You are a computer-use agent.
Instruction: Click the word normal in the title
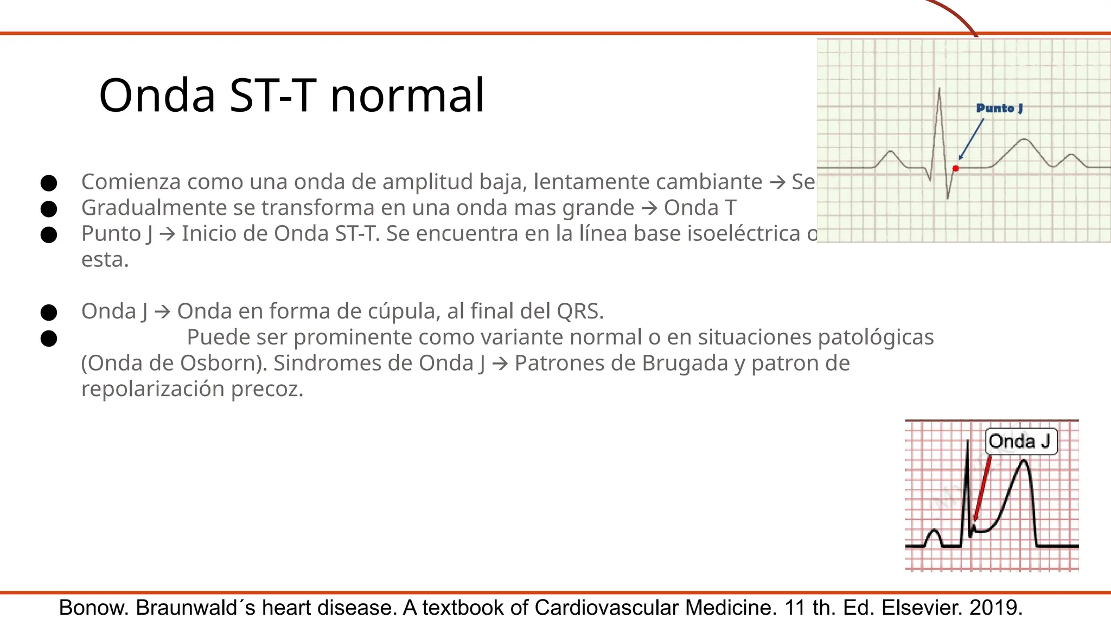407,95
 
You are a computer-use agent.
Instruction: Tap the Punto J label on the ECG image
999,108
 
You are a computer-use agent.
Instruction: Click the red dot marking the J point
956,168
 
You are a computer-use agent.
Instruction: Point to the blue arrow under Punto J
972,139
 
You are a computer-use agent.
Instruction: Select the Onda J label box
1020,441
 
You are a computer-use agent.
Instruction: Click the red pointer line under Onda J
983,488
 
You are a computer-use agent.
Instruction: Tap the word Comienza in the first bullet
131,182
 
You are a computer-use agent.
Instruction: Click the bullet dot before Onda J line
49,312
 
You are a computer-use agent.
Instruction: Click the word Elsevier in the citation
922,608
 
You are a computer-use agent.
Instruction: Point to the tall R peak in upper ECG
939,92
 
